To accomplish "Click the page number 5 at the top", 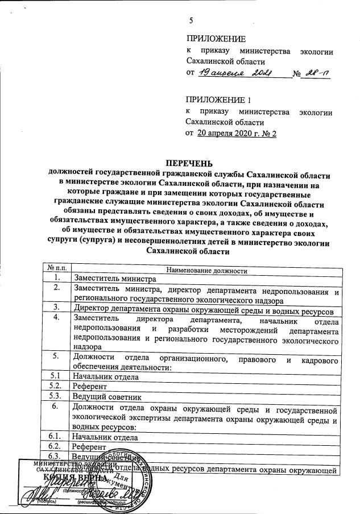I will [191, 21].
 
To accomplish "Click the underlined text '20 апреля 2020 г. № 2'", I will [236, 133].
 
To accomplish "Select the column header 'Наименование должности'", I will [206, 270].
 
